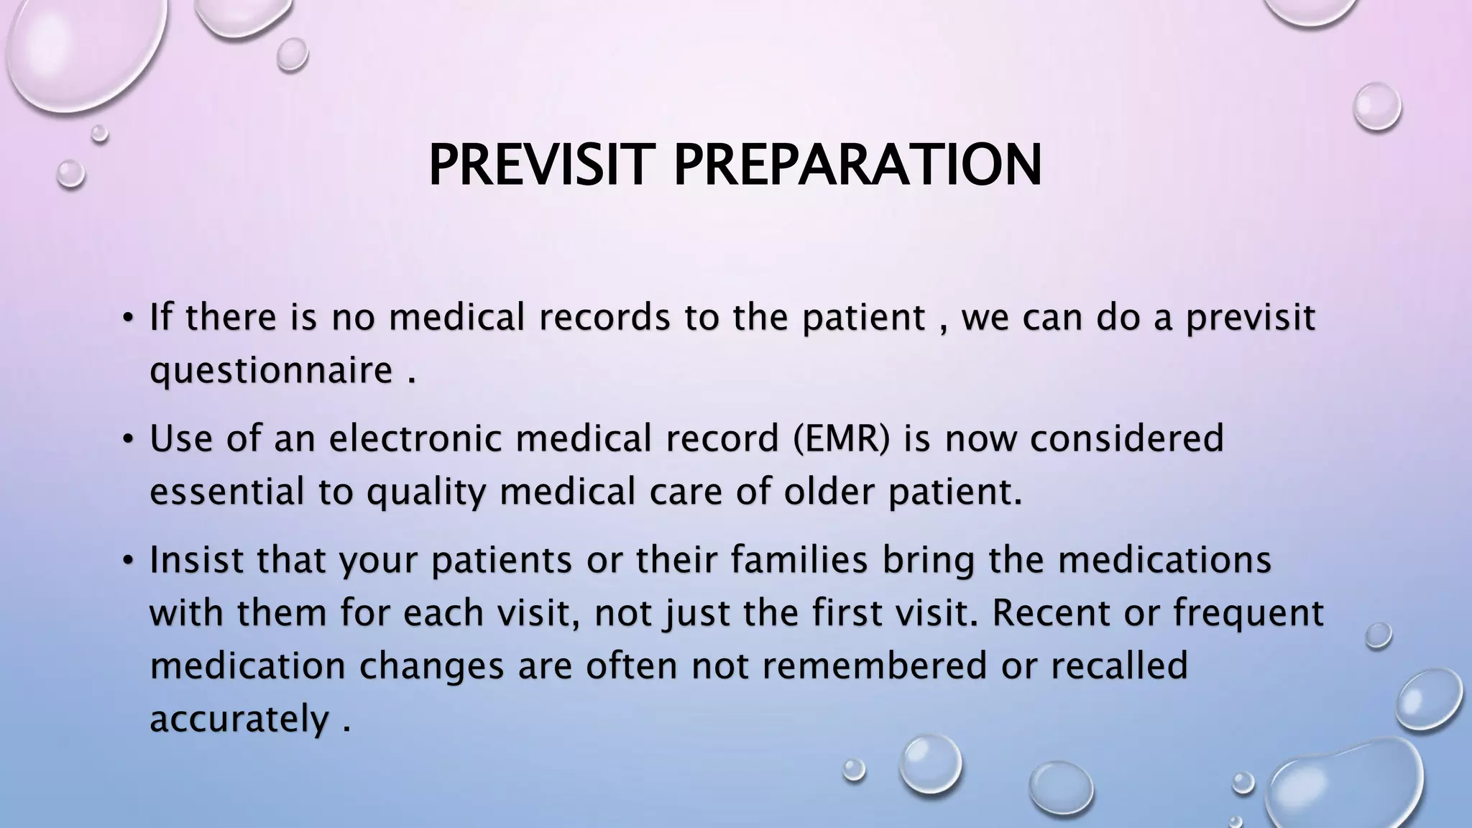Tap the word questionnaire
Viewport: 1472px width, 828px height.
tap(271, 372)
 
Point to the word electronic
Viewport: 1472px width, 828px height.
tap(415, 438)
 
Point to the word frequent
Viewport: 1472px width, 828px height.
tap(1248, 613)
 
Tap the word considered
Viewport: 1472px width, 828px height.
tap(1126, 438)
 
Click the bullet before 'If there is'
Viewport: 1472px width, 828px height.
tap(127, 317)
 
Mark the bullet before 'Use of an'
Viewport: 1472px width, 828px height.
tap(127, 438)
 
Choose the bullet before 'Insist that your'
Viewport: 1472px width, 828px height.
tap(127, 561)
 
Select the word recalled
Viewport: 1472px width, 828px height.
tap(1119, 666)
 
